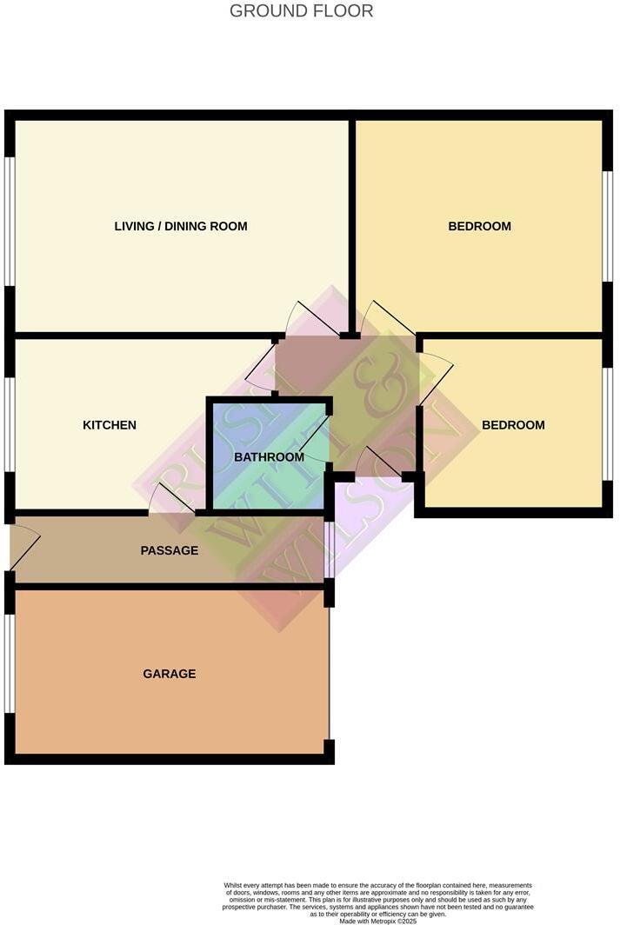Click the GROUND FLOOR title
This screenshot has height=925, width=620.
tap(301, 11)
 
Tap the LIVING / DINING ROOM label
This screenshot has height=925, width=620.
tap(181, 226)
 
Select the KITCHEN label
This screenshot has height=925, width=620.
tap(110, 425)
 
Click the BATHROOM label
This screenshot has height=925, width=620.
tap(270, 457)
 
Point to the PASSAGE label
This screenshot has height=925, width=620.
tap(170, 550)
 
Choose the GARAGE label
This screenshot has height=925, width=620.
tap(170, 674)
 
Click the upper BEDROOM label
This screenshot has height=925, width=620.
tap(479, 226)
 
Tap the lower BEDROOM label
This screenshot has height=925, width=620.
tap(513, 425)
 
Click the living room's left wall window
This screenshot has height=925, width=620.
tap(10, 221)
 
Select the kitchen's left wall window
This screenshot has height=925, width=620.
tap(10, 425)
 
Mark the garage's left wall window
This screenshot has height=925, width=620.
tap(10, 663)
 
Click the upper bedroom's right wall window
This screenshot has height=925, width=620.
tap(608, 226)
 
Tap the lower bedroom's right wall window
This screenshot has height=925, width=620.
tap(608, 423)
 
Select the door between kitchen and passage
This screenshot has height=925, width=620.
tap(171, 500)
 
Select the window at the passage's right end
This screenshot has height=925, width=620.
tap(329, 549)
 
